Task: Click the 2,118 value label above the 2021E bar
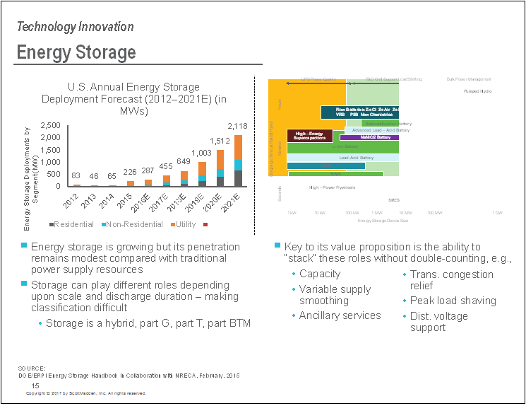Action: [x=237, y=125]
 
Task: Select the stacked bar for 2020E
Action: [x=220, y=168]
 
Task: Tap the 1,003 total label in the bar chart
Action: [x=202, y=152]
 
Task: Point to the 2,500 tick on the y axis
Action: [x=51, y=125]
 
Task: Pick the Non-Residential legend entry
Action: [x=128, y=224]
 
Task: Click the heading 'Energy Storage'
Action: [x=76, y=53]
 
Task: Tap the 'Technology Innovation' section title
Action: [x=75, y=27]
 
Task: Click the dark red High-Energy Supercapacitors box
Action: [x=310, y=135]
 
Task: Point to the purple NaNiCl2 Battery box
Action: [x=369, y=137]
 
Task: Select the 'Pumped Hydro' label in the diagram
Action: [x=477, y=92]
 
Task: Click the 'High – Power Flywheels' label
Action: [x=332, y=187]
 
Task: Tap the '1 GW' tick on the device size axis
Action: [x=497, y=212]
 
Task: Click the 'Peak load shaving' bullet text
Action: [x=453, y=301]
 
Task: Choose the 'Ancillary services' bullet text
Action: [x=340, y=315]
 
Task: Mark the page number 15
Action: [x=35, y=385]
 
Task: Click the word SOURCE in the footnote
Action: [x=32, y=368]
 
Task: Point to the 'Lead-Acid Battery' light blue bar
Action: [x=357, y=157]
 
